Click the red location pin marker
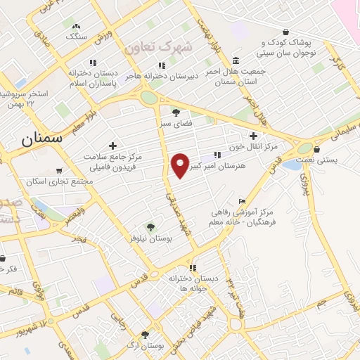181,165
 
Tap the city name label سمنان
42,139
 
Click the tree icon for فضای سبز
175,112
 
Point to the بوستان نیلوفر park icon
150,226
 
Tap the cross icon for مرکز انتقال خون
253,136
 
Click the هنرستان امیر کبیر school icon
217,154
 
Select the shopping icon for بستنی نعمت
318,149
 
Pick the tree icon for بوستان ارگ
145,335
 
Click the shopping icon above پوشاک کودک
285,32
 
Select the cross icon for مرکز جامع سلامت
112,145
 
